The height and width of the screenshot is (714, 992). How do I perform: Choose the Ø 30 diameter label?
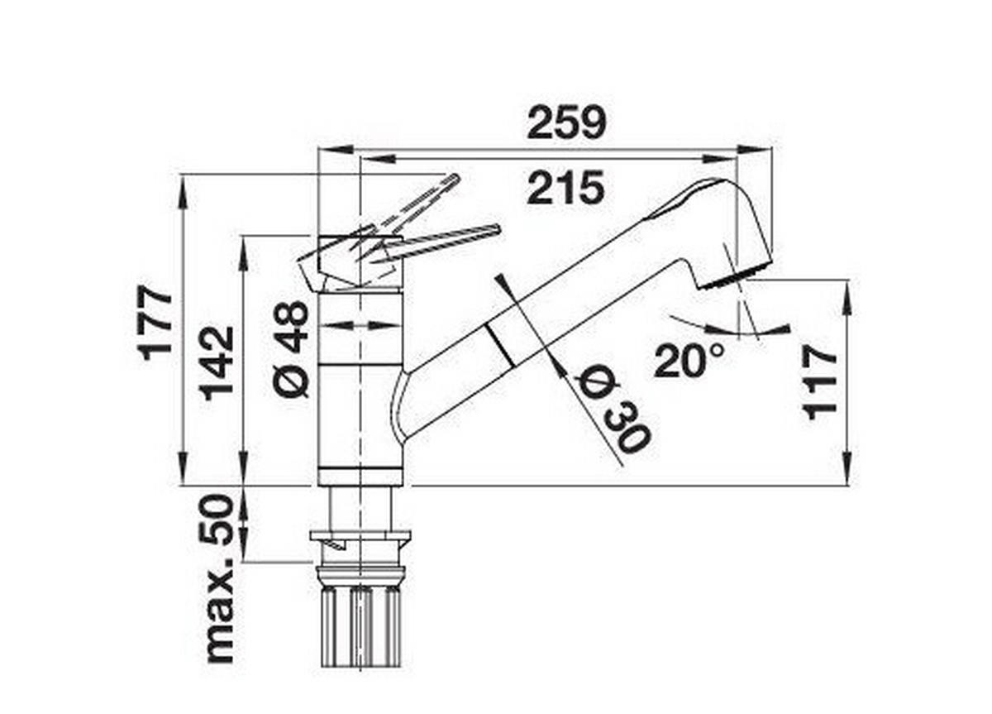point(613,410)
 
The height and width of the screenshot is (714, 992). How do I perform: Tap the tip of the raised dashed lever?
point(452,178)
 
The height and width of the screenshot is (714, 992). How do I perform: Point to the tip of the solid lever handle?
point(496,228)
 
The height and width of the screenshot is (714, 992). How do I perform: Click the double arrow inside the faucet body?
point(361,325)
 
